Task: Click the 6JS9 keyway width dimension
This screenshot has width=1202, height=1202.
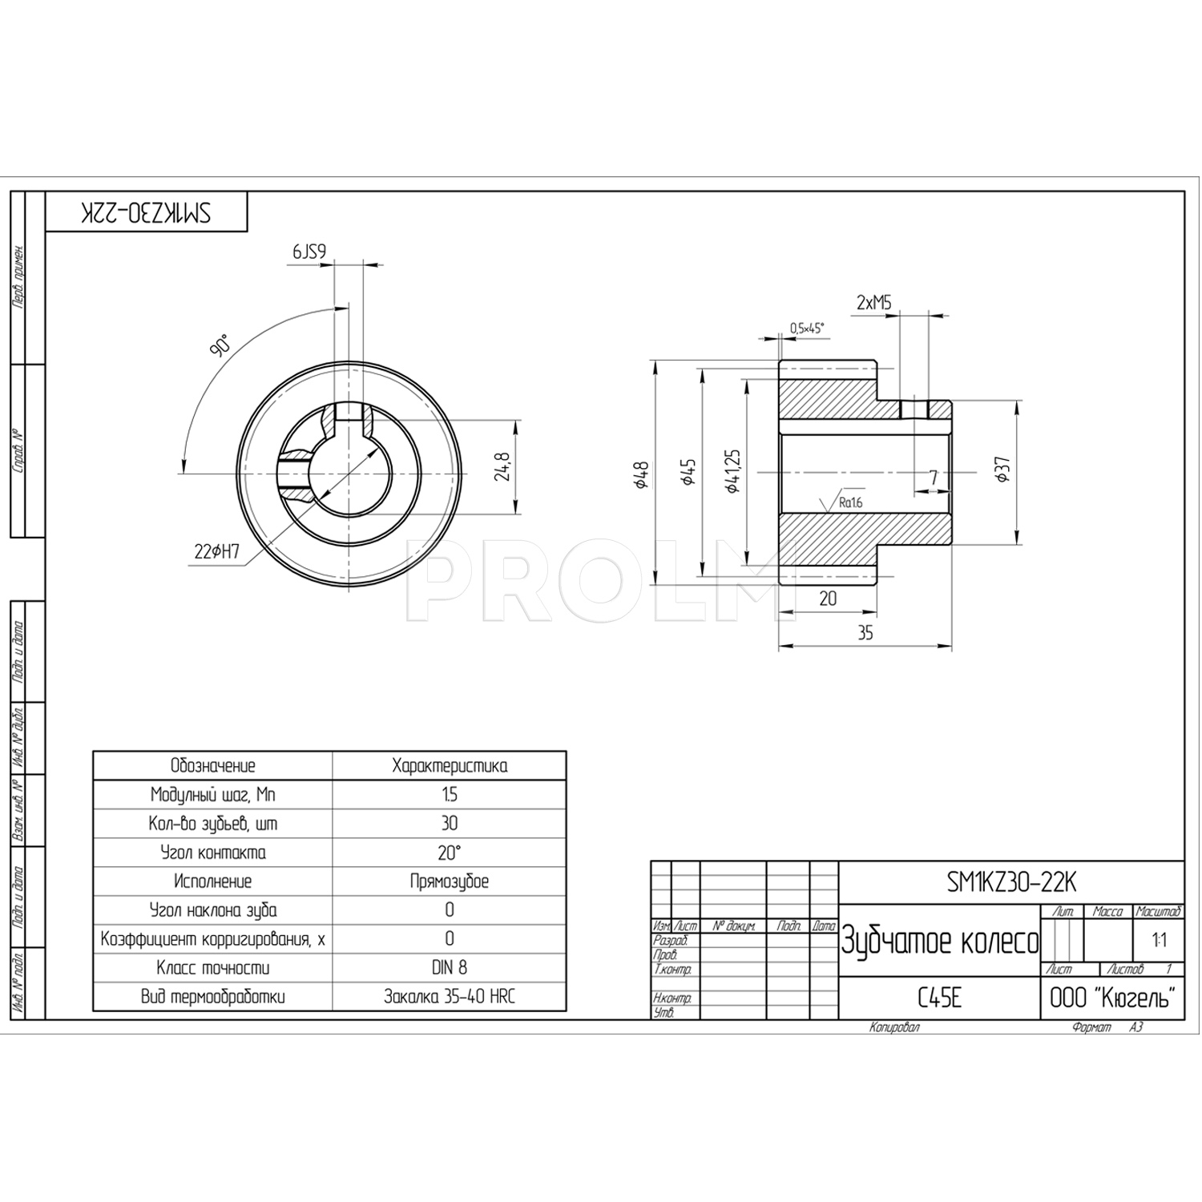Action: point(309,252)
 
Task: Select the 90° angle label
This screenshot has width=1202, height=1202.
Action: point(220,345)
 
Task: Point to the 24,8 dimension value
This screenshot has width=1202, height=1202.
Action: point(502,467)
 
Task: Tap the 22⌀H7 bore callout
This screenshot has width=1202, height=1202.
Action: point(217,551)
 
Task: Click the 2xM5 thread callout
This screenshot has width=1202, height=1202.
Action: point(873,303)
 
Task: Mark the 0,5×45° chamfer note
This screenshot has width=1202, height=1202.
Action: point(807,328)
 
